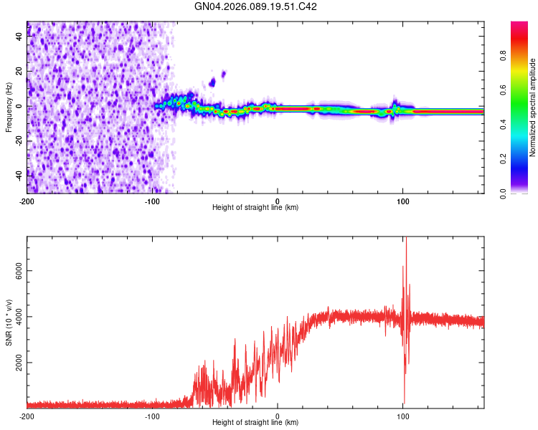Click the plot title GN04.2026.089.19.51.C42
(256, 6)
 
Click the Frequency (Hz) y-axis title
(9, 107)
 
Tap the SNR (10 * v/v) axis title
(9, 323)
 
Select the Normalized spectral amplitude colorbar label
(532, 108)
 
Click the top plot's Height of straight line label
(255, 208)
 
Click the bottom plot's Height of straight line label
(255, 424)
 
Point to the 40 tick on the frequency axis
(19, 37)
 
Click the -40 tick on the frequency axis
(17, 175)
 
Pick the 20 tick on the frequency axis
(19, 72)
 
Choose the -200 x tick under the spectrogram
(27, 201)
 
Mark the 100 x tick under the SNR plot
(403, 416)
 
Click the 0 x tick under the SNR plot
(278, 416)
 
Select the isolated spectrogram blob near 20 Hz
(224, 73)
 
